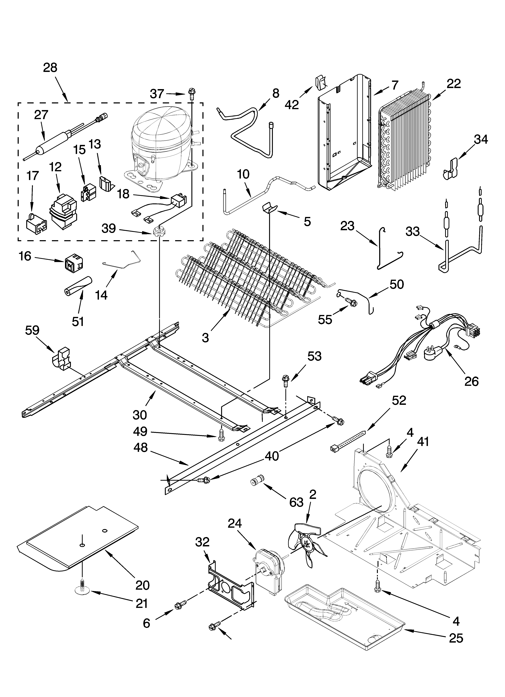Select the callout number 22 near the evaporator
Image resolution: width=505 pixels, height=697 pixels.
(x=454, y=84)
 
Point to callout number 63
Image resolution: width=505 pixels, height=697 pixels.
(x=296, y=502)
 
